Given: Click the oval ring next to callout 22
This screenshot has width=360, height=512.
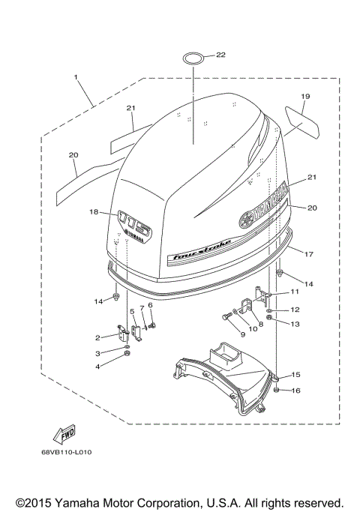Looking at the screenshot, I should click(191, 57).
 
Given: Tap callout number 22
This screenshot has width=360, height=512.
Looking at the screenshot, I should click(220, 55).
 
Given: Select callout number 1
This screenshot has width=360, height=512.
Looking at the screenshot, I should click(76, 76).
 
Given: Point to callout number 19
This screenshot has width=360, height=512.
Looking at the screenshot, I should click(305, 97).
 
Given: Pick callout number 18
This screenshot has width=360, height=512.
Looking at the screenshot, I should click(94, 212).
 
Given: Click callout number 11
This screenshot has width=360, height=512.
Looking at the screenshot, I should click(295, 292).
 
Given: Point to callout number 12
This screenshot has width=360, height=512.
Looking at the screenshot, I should click(295, 310).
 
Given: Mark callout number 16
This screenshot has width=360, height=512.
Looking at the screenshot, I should click(295, 391).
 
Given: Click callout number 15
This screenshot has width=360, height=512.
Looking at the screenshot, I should click(295, 374).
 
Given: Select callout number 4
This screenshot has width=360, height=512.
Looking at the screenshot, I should click(97, 366).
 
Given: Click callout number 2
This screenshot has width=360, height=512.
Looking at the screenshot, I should click(97, 337).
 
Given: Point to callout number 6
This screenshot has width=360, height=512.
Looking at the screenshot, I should click(150, 305).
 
